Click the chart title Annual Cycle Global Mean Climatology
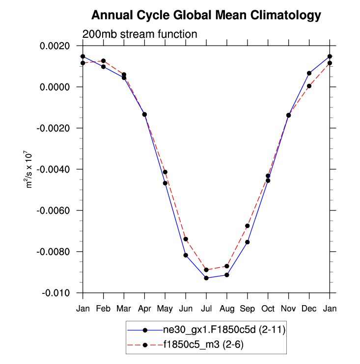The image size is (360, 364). [x=206, y=15]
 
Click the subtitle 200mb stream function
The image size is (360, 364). [x=139, y=34]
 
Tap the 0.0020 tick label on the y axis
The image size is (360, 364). [x=56, y=46]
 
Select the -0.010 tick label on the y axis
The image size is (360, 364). [x=58, y=293]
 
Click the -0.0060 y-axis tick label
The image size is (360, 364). [x=55, y=210]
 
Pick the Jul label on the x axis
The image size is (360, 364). [x=206, y=308]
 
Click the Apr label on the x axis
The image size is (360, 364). [x=144, y=308]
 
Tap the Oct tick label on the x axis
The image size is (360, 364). [x=268, y=308]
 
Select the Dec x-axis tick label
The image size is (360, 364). [x=309, y=308]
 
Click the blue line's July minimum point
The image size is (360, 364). [x=206, y=278]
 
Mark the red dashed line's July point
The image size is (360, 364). [x=206, y=270]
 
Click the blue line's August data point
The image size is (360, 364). [x=227, y=275]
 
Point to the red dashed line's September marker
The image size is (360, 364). [x=248, y=226]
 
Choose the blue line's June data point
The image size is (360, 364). [x=186, y=255]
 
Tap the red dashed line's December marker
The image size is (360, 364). [x=309, y=86]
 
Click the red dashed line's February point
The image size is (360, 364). [x=103, y=61]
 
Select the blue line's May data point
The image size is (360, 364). [x=165, y=183]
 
